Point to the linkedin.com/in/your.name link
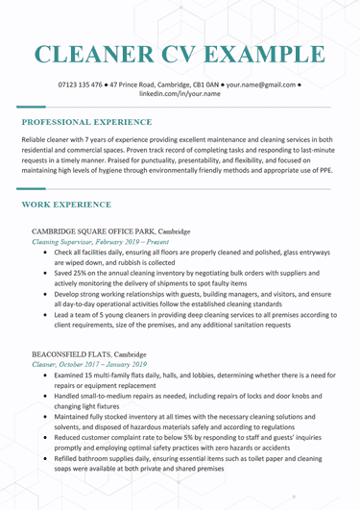point(180,95)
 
